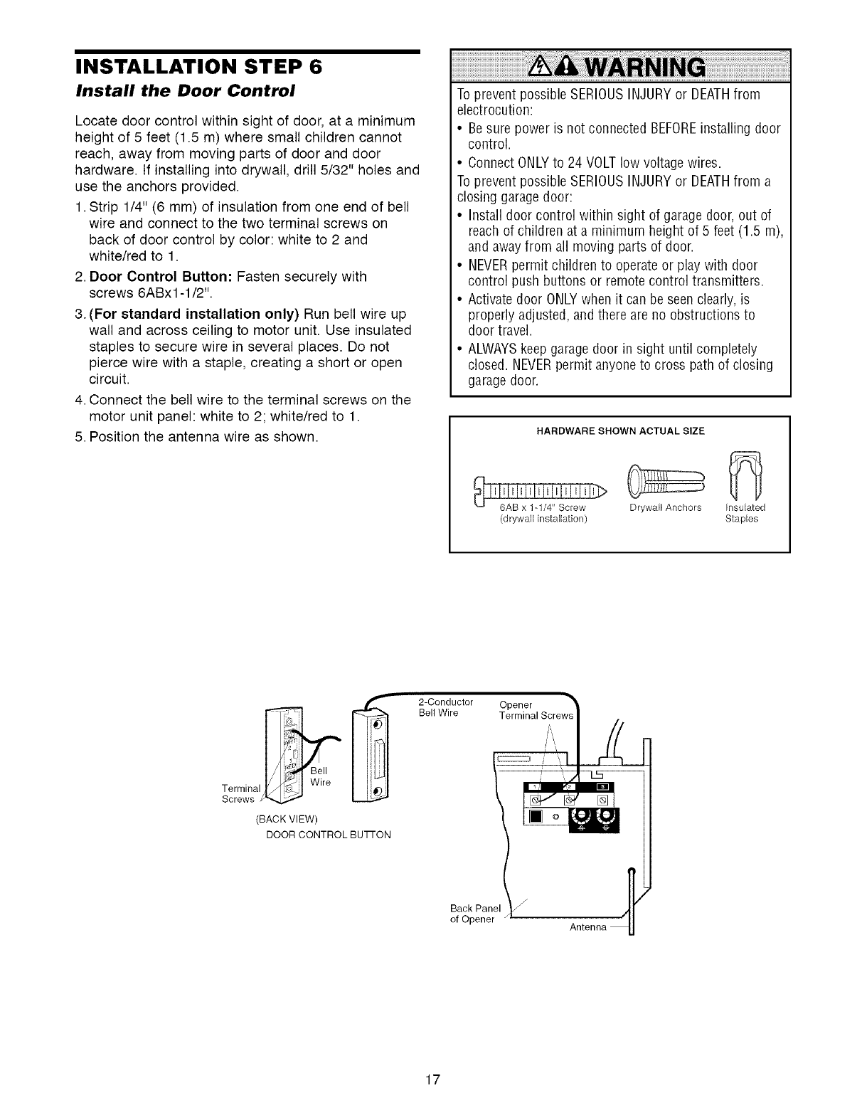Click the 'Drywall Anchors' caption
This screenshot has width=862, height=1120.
pos(665,508)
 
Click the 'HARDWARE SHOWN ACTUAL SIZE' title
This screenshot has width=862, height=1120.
pos(619,430)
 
